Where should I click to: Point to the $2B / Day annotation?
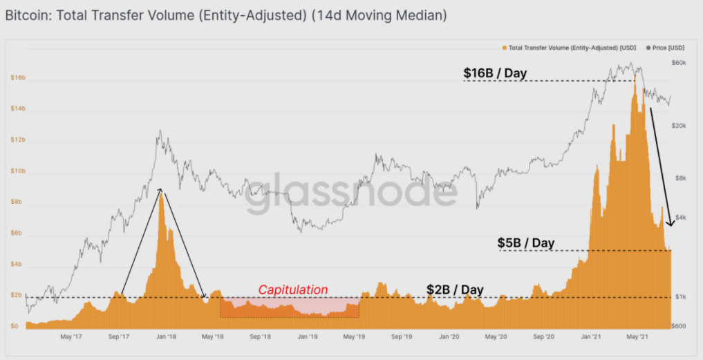click(454, 290)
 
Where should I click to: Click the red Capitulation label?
click(293, 290)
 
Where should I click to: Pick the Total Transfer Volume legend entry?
click(571, 48)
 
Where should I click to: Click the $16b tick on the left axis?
click(17, 78)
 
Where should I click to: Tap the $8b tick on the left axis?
click(17, 202)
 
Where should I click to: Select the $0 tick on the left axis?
click(15, 326)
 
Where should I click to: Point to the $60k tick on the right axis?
click(678, 63)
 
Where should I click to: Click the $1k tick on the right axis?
click(679, 297)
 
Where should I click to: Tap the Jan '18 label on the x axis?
click(166, 337)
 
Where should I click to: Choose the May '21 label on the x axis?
click(637, 337)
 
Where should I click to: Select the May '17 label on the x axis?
click(72, 337)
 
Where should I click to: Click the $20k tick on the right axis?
click(678, 126)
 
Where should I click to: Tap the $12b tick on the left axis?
click(17, 140)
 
